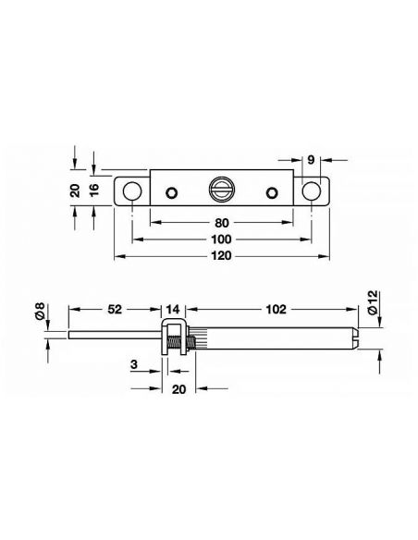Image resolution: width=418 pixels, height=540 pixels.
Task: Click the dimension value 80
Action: (221, 223)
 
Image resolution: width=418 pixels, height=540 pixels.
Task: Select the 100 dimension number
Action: (221, 239)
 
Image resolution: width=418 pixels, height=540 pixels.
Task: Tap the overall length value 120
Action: (221, 256)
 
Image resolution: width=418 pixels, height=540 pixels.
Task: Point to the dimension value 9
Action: (311, 160)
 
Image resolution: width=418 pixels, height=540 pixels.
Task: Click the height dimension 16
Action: (93, 190)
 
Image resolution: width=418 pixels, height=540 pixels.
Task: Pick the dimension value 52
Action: (115, 309)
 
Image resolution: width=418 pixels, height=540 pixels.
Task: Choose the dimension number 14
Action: (173, 309)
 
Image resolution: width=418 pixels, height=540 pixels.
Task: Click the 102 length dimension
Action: (277, 309)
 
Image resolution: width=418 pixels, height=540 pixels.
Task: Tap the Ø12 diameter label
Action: (372, 302)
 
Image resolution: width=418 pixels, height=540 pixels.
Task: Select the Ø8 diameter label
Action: (41, 311)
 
